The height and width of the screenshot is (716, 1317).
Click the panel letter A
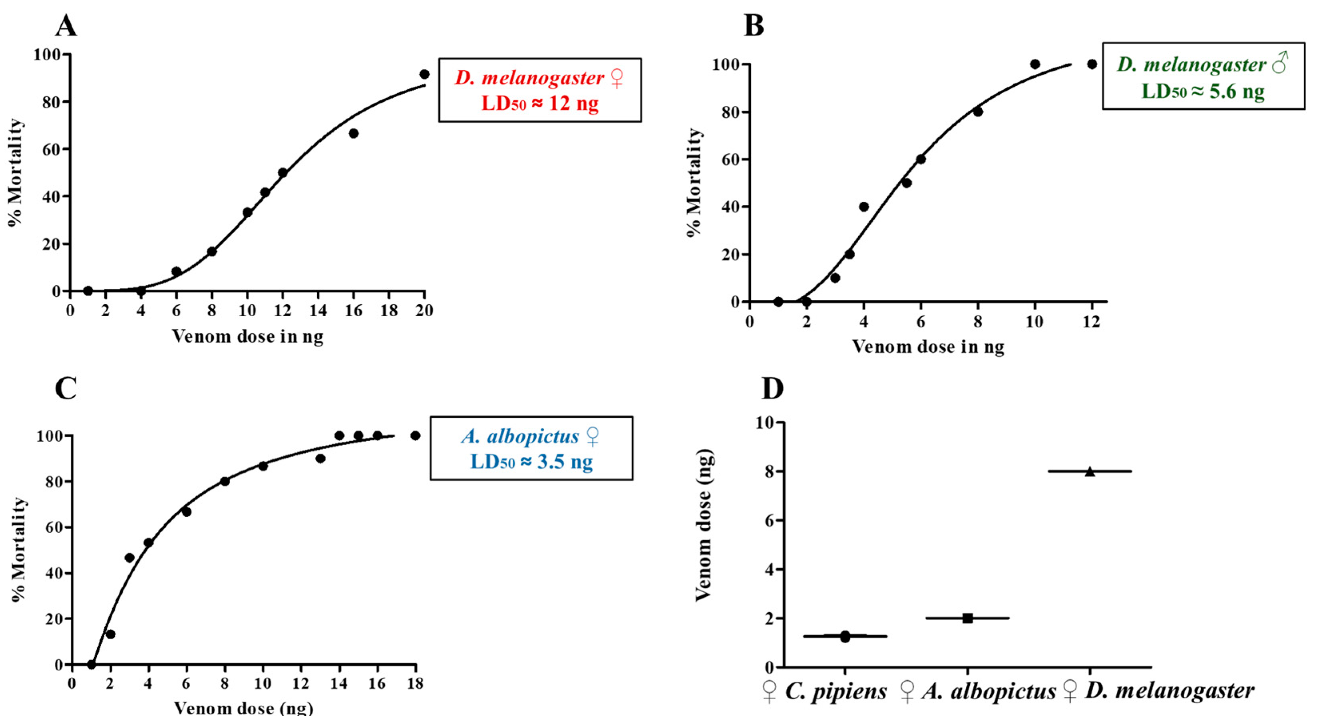66,26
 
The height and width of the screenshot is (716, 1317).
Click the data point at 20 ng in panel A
424,74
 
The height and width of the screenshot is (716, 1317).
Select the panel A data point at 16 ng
353,133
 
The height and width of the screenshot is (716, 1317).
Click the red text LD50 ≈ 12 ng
539,104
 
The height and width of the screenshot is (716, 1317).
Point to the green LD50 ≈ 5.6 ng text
1203,91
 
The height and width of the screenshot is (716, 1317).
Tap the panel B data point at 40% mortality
863,207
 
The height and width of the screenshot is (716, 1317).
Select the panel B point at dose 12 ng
1092,64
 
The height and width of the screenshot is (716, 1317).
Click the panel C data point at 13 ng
320,458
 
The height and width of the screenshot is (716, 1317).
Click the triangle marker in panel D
1090,471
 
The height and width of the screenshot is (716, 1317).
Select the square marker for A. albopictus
967,618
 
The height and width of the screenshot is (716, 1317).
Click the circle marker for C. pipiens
845,637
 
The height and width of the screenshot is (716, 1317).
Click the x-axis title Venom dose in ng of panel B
927,347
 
